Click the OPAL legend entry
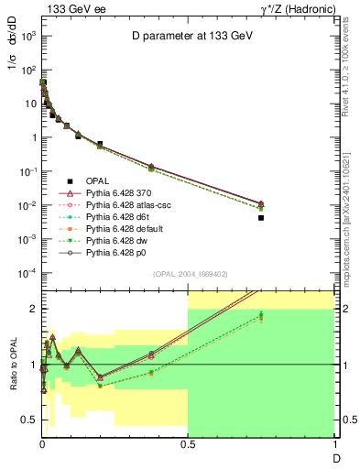[98, 181]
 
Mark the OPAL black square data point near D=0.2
[100, 144]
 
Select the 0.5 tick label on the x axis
[188, 443]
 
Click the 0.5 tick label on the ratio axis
[28, 420]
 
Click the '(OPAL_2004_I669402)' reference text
[190, 274]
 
